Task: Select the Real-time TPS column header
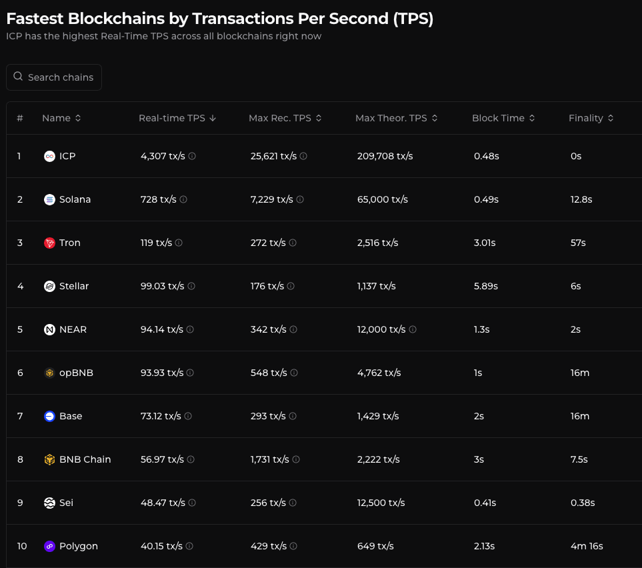click(172, 118)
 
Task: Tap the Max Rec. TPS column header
click(280, 118)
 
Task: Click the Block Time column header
click(498, 118)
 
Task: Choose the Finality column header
click(586, 118)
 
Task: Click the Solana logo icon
click(49, 199)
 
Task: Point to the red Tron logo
click(49, 243)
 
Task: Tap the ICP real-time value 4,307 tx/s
click(163, 156)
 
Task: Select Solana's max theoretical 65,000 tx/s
click(383, 199)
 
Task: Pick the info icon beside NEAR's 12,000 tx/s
click(413, 329)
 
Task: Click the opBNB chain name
click(76, 373)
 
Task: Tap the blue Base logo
click(49, 416)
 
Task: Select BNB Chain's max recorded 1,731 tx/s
click(270, 459)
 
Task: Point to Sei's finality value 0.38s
click(582, 503)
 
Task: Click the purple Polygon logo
click(49, 546)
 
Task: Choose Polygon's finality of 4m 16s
click(586, 546)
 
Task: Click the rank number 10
click(22, 546)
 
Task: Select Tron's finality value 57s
click(577, 243)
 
